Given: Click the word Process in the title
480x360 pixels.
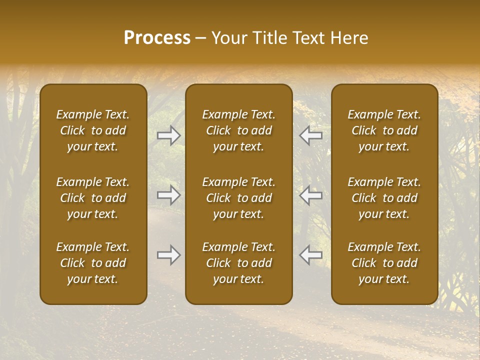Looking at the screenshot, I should pos(157,38).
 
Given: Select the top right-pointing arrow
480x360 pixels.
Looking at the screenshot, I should pos(169,135).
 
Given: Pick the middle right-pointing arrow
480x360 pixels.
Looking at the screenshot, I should pos(169,195).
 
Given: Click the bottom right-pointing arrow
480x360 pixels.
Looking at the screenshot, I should pos(169,255).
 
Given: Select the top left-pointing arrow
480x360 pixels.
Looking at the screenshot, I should pos(310,135).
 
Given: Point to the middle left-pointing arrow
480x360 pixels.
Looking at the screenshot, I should pos(310,195).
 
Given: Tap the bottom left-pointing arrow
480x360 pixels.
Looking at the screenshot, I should pos(310,255).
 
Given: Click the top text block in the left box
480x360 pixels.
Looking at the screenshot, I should pos(93,130).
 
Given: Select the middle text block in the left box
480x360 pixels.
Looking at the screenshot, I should pos(93,198).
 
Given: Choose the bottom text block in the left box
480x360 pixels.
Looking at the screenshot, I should pos(93,263).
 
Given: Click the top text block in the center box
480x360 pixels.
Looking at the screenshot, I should pos(238,130).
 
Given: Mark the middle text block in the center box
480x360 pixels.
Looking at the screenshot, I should pos(238,198).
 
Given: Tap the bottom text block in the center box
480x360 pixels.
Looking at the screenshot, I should pos(238,263).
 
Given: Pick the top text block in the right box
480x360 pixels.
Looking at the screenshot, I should pos(384,130).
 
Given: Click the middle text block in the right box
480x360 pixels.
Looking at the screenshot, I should pos(384,198).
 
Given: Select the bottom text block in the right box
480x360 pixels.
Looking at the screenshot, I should pos(384,263).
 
